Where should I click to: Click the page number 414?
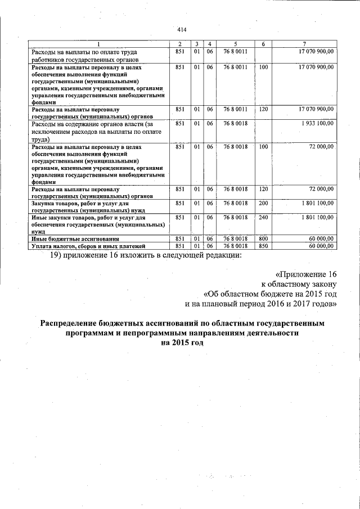click(181, 30)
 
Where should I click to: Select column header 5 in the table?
click(236, 44)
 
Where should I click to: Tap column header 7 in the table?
click(304, 44)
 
